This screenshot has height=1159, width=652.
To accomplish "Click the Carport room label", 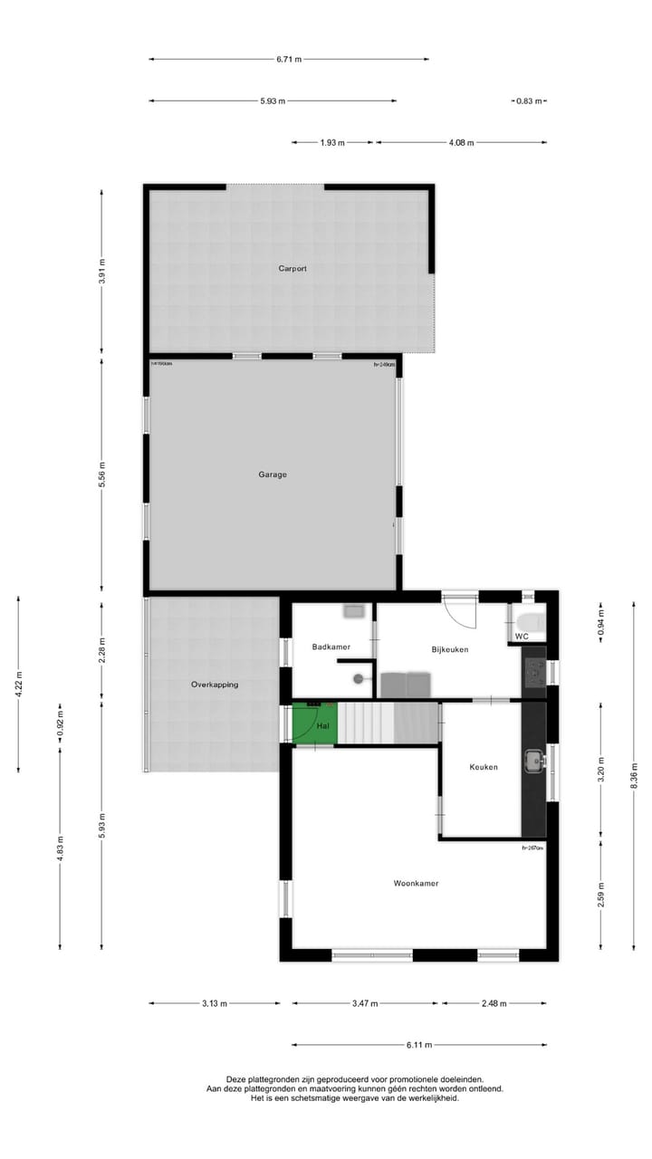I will pyautogui.click(x=292, y=269).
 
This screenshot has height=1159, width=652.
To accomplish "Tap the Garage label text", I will pyautogui.click(x=272, y=474).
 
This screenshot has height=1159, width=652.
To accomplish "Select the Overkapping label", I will pyautogui.click(x=215, y=685).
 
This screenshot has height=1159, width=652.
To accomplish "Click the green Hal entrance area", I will pyautogui.click(x=314, y=723).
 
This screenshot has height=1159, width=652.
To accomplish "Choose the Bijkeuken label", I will pyautogui.click(x=449, y=649).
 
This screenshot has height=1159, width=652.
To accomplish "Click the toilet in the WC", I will pyautogui.click(x=529, y=621).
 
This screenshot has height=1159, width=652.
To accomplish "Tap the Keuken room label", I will pyautogui.click(x=484, y=767).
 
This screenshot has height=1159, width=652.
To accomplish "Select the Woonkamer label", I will pyautogui.click(x=416, y=883).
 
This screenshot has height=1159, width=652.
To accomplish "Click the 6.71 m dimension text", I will pyautogui.click(x=289, y=60).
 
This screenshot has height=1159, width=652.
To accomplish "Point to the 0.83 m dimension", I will pyautogui.click(x=529, y=101).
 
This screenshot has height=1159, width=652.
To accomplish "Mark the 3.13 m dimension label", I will pyautogui.click(x=215, y=1003).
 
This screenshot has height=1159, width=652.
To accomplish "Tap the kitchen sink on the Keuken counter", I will pyautogui.click(x=533, y=761).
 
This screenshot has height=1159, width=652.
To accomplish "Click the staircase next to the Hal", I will pyautogui.click(x=388, y=723).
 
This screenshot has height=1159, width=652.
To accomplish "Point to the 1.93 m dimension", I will pyautogui.click(x=332, y=142).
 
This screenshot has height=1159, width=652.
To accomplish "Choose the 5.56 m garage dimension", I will pyautogui.click(x=101, y=474).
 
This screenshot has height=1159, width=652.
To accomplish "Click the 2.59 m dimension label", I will pyautogui.click(x=600, y=894).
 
